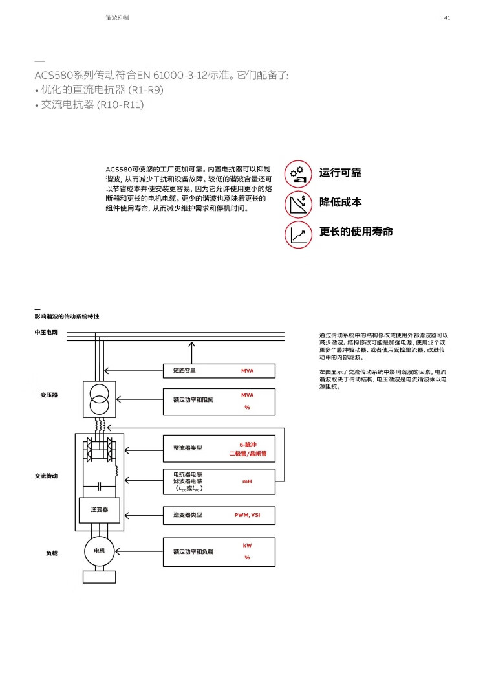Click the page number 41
447,17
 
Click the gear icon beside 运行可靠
298,173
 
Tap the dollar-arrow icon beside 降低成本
298,204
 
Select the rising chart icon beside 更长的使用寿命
298,234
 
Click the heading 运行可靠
340,173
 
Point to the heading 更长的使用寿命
356,232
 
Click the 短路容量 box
219,371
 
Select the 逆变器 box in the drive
100,510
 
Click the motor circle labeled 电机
100,551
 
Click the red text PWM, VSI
247,515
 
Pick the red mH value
247,481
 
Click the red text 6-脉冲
248,445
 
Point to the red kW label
247,545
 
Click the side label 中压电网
46,332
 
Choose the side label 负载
52,553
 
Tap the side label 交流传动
46,476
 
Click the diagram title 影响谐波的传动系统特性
67,316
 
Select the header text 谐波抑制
117,17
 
